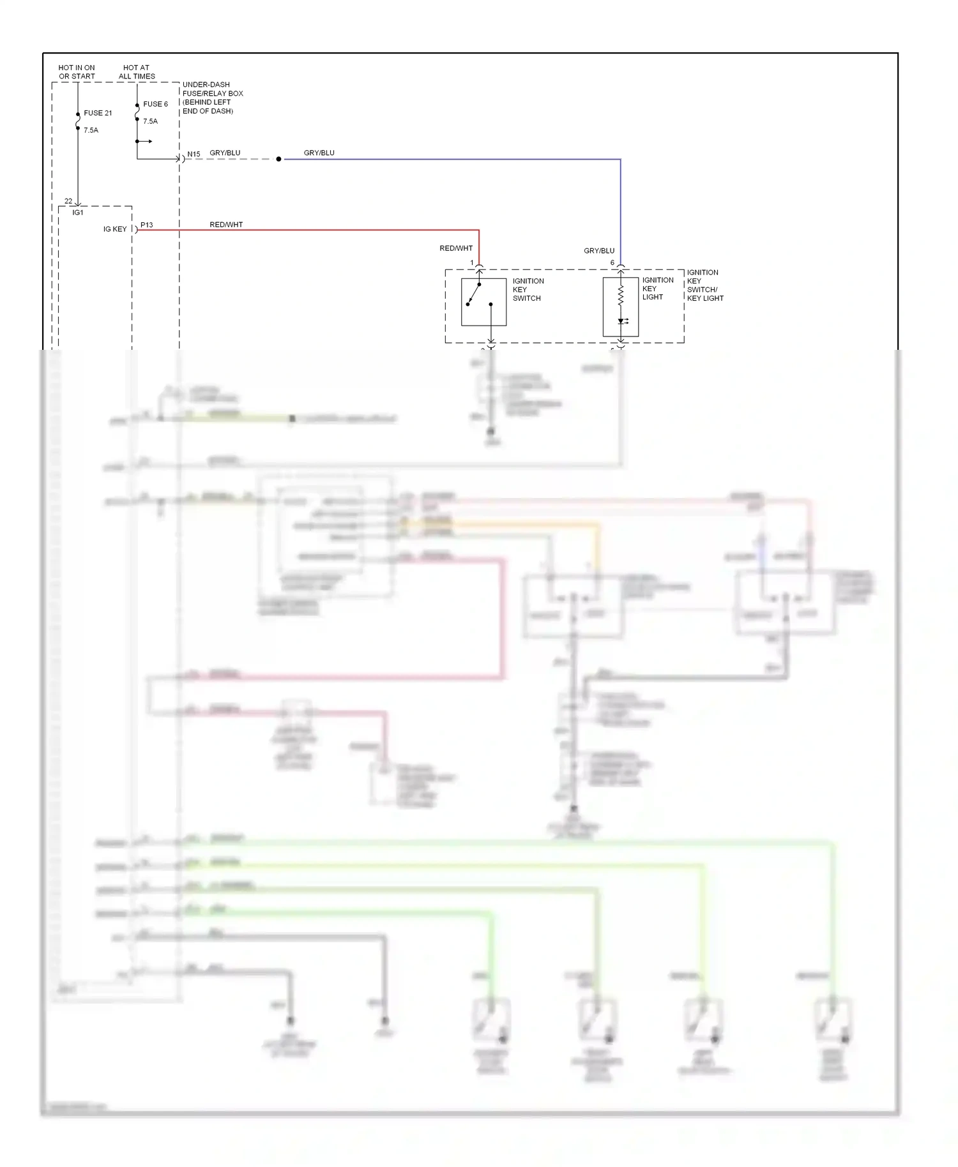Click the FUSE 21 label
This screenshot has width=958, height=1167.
(x=98, y=113)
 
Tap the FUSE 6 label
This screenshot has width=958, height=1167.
(x=155, y=104)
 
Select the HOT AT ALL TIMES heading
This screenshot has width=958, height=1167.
(x=137, y=72)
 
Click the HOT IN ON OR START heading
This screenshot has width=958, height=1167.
(x=77, y=72)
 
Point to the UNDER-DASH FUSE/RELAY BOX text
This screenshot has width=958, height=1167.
(x=213, y=97)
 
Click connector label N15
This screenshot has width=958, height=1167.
(x=194, y=154)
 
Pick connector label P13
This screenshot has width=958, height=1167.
(x=147, y=225)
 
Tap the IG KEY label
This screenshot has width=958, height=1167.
(x=115, y=229)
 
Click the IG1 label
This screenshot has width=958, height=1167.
(x=78, y=213)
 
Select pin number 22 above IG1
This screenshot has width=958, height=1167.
(x=68, y=201)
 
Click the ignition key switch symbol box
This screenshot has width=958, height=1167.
(x=483, y=301)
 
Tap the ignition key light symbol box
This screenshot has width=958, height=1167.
(x=620, y=306)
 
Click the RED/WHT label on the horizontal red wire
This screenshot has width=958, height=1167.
(x=226, y=225)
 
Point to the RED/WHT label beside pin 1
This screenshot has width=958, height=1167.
(x=456, y=248)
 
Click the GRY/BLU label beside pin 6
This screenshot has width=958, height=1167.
(x=599, y=251)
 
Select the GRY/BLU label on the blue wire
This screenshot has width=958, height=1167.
(x=319, y=153)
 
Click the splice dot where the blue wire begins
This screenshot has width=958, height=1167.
(x=278, y=159)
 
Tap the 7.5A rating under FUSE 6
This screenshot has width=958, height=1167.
(x=150, y=121)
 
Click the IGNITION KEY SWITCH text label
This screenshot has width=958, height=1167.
(x=528, y=289)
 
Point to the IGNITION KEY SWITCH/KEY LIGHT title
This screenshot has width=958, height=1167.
(x=705, y=285)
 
